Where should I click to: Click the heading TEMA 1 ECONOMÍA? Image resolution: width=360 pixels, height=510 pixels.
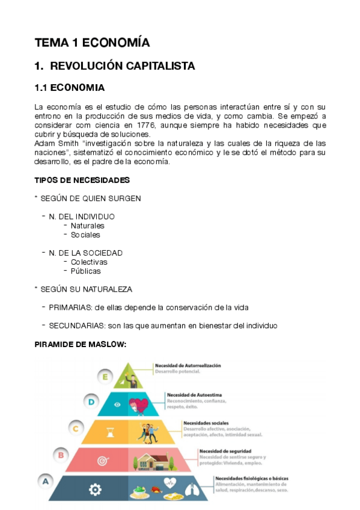point(92,43)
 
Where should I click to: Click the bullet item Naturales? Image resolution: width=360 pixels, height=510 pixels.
point(87,226)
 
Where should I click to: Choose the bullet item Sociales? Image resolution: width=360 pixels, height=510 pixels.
point(85,235)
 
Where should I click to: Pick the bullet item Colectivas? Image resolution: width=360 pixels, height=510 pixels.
point(89,262)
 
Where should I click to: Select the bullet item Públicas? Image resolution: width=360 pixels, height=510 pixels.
point(85,271)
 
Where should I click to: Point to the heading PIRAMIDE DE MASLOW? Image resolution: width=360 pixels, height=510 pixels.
point(81,345)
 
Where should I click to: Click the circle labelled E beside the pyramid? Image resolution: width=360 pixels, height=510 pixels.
point(105,377)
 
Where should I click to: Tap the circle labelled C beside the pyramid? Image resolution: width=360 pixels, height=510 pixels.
point(76,428)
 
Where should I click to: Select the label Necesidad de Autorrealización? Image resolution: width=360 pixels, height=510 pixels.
point(188,365)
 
